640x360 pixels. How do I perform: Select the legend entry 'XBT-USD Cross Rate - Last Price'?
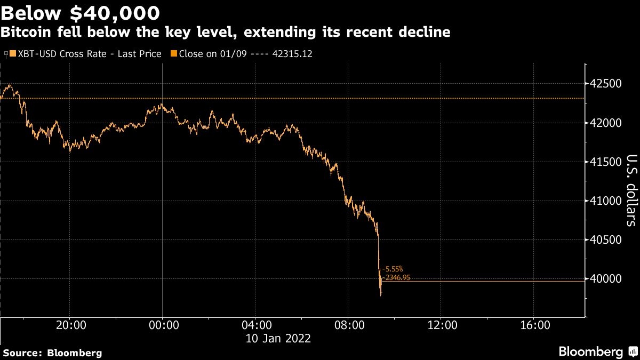pos(85,54)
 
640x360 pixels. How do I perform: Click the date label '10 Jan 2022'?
pos(277,339)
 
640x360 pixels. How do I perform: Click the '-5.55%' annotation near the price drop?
pos(394,269)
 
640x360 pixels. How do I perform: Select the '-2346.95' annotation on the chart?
pos(396,277)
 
